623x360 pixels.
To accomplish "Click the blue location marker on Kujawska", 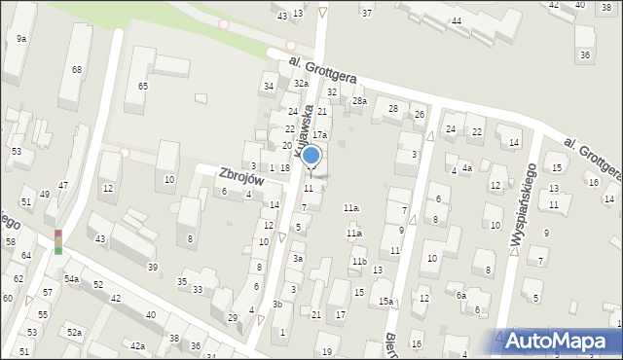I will coord(311,157).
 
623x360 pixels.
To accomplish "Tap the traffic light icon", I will coord(57,242).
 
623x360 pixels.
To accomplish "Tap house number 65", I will coord(142,87).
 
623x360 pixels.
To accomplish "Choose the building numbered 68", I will coord(76,70).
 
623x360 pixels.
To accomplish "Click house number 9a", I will coord(21,38).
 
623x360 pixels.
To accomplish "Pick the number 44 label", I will coord(456,21).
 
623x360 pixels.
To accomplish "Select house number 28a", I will coord(359,101).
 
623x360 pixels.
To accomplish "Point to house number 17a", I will coord(319,134).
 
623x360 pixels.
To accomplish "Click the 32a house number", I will coord(302,84).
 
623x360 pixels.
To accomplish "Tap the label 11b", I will coord(359,262).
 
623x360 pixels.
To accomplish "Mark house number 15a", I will coord(385,302).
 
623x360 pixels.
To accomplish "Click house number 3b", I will coord(277,305).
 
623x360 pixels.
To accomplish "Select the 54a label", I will coord(71,279).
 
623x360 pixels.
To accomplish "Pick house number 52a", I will coord(74,333).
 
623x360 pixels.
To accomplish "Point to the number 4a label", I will coord(467,169).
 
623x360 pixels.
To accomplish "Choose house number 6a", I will coord(461,296).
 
